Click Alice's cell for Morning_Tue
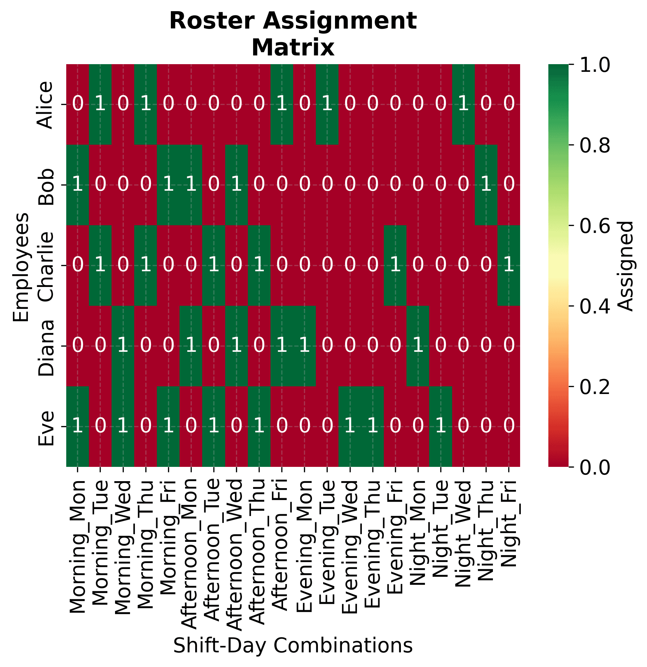100,104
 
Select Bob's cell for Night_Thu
486,185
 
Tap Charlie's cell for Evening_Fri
395,265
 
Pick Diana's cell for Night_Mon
418,346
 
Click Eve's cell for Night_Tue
441,426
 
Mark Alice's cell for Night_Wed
463,104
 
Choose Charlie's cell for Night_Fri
509,265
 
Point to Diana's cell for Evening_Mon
304,346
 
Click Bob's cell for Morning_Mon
78,185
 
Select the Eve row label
46,426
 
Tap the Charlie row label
46,266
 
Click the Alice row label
46,105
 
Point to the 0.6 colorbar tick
595,226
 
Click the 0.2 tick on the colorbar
595,386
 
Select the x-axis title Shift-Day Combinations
293,645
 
